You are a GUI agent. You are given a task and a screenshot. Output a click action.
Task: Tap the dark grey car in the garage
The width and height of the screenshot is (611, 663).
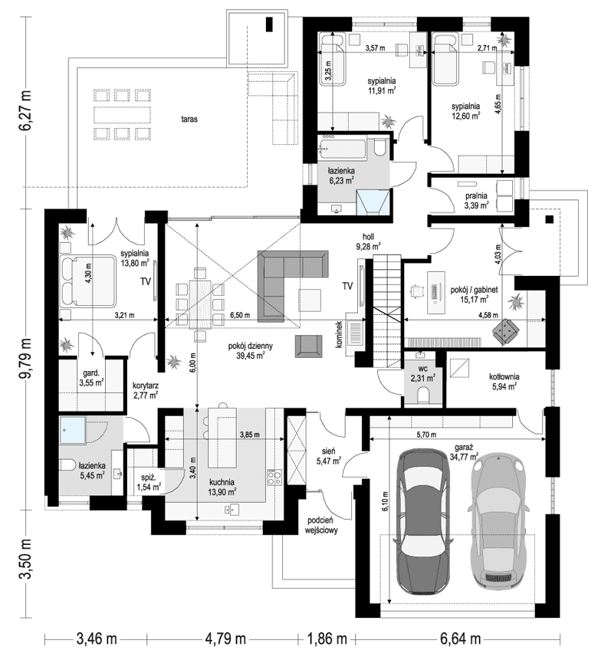(x=420, y=521)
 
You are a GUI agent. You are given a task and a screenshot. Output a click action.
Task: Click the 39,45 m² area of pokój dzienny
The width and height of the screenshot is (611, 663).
(x=251, y=356)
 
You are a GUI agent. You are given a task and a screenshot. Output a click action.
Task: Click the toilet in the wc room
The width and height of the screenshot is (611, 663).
(x=422, y=394)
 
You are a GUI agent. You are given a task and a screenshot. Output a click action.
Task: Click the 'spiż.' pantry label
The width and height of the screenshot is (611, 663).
(x=143, y=476)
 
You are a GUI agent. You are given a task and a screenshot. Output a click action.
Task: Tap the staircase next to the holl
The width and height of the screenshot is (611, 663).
(x=387, y=307)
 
